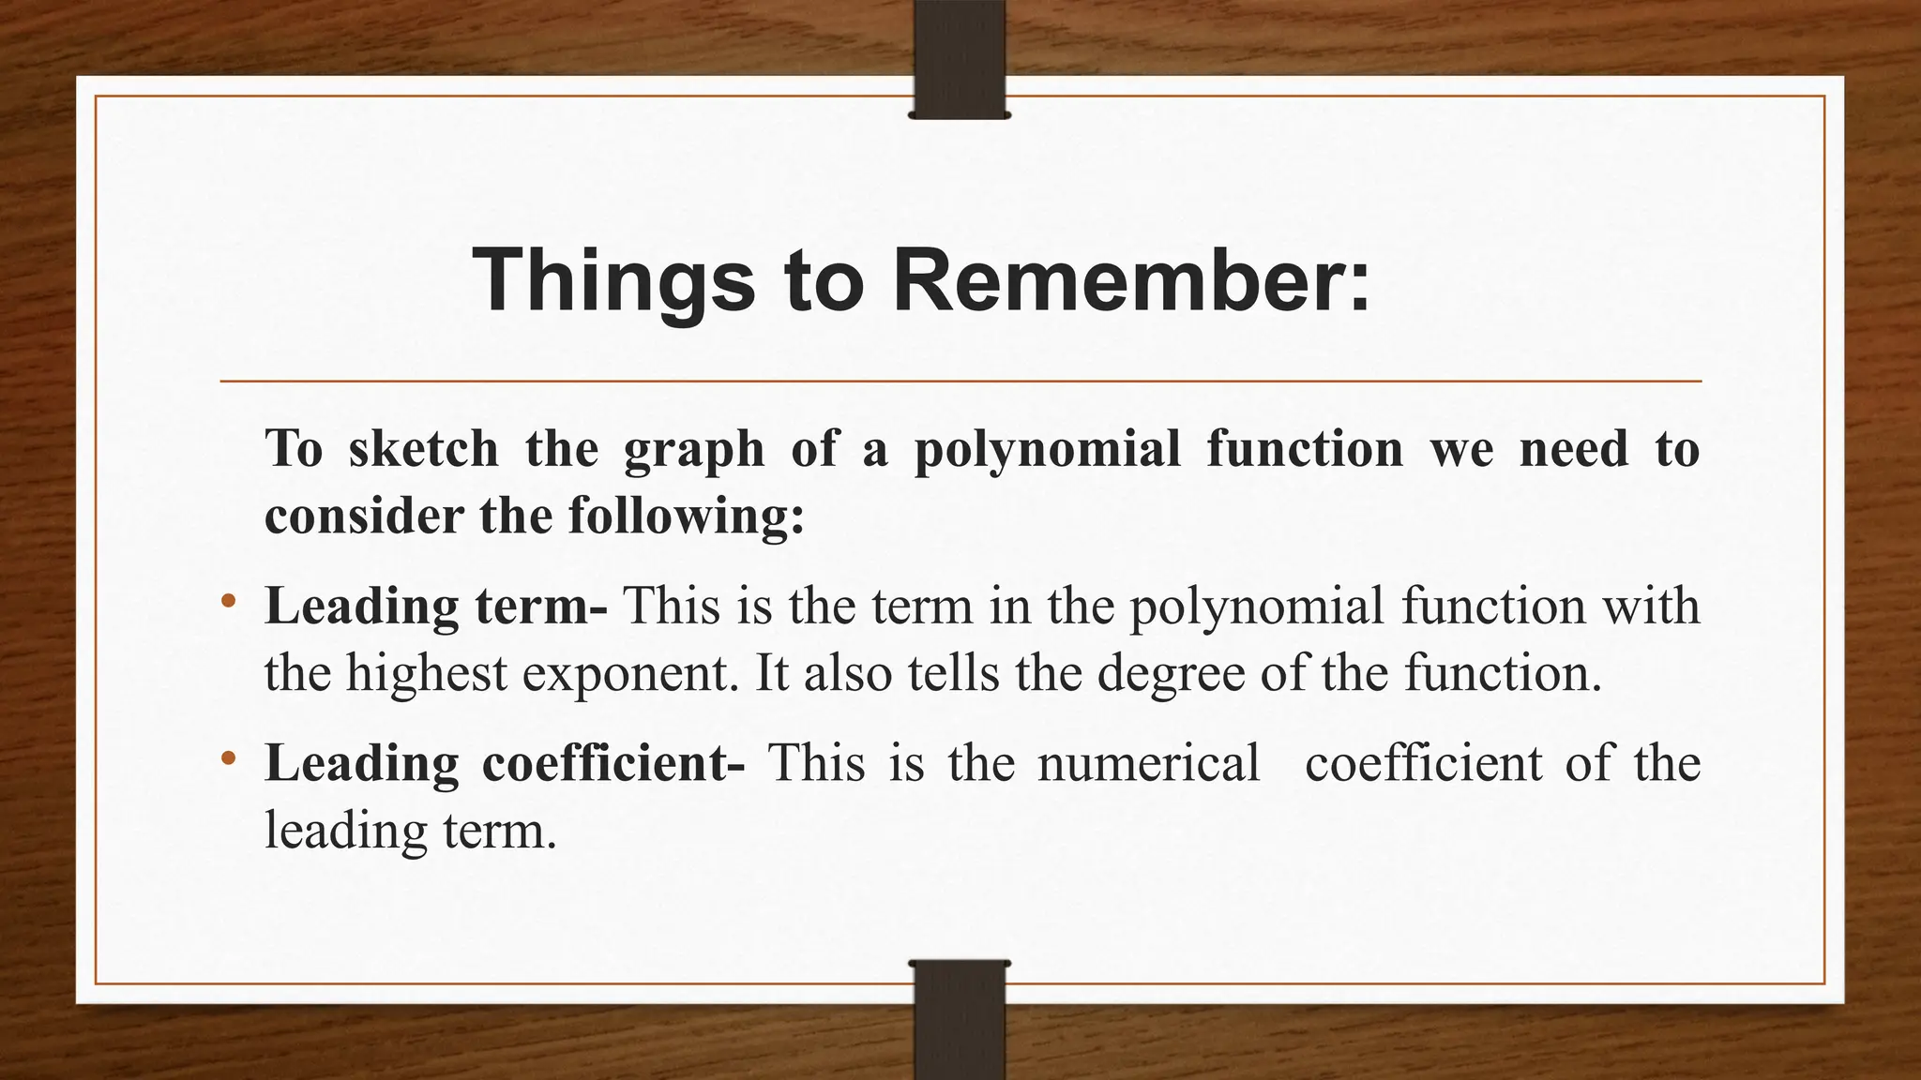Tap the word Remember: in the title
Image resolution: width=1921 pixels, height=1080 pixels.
(1130, 280)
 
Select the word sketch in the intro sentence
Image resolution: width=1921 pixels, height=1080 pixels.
(423, 448)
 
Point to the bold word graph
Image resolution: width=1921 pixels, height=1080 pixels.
(694, 450)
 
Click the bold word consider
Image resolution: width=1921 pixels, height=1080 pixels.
(364, 516)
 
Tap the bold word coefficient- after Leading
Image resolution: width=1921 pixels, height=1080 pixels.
(613, 762)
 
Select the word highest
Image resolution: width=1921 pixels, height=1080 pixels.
(427, 673)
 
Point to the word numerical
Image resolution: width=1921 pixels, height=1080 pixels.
(1148, 762)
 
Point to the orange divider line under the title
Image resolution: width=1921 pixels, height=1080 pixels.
(960, 382)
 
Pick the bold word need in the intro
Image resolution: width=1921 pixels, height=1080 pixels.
(1574, 448)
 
